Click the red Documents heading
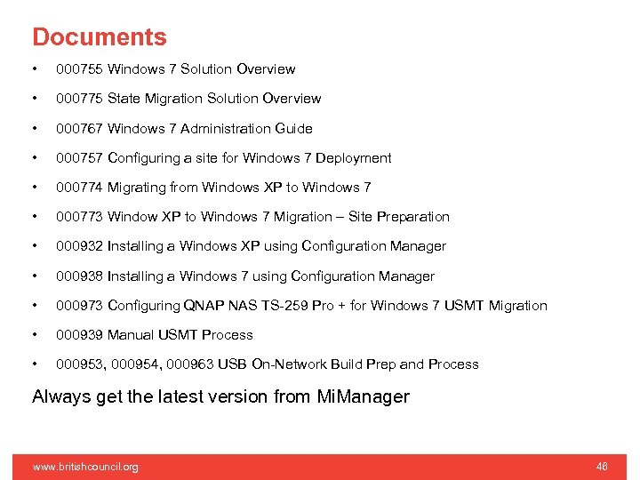click(99, 37)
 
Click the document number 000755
click(79, 69)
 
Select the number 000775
click(79, 99)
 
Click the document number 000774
click(79, 188)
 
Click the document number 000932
click(79, 246)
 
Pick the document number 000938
click(79, 276)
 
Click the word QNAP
click(203, 306)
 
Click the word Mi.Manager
click(363, 396)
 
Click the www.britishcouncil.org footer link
click(85, 467)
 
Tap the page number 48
click(602, 467)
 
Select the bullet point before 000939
click(34, 335)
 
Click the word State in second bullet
click(124, 99)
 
